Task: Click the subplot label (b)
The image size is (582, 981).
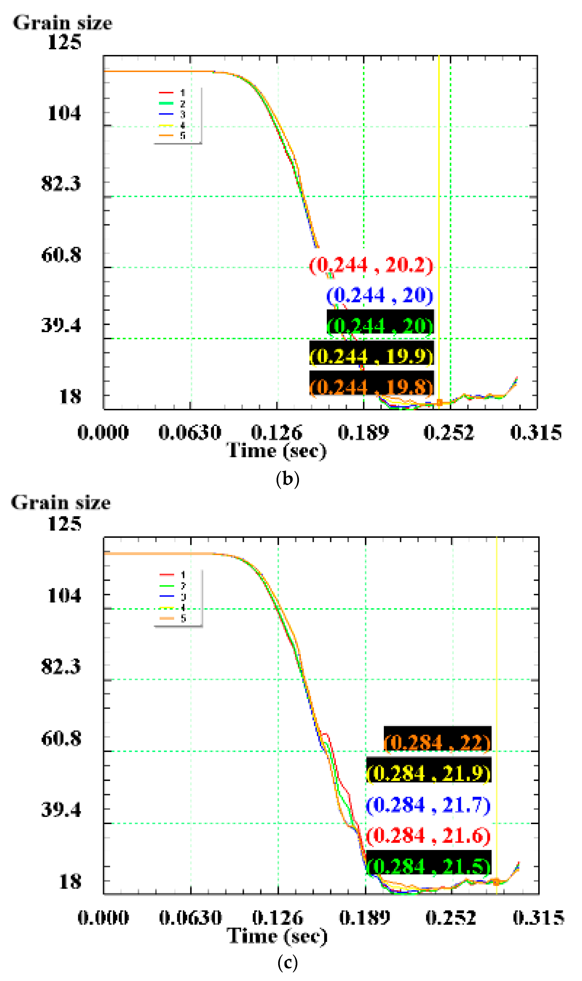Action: click(x=287, y=479)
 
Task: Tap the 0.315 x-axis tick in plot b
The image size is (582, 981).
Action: click(x=536, y=433)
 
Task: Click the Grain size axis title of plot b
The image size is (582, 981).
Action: click(x=63, y=23)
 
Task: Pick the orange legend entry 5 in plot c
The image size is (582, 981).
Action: click(x=172, y=618)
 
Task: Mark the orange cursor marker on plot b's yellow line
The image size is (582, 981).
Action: click(x=439, y=402)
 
